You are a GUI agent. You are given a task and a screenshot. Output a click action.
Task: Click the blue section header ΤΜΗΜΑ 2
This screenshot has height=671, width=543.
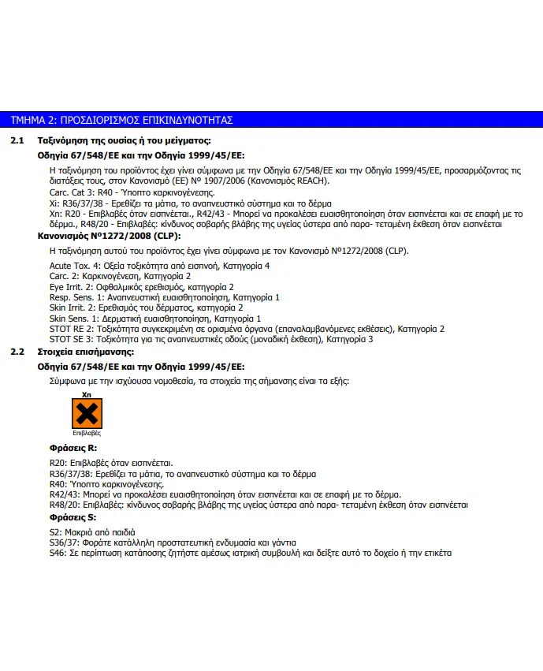122,120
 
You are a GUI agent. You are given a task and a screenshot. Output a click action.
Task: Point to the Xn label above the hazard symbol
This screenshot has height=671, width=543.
87,393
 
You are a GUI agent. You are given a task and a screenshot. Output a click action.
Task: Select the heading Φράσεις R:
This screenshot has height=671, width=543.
73,448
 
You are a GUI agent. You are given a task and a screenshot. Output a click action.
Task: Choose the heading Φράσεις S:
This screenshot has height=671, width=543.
73,517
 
